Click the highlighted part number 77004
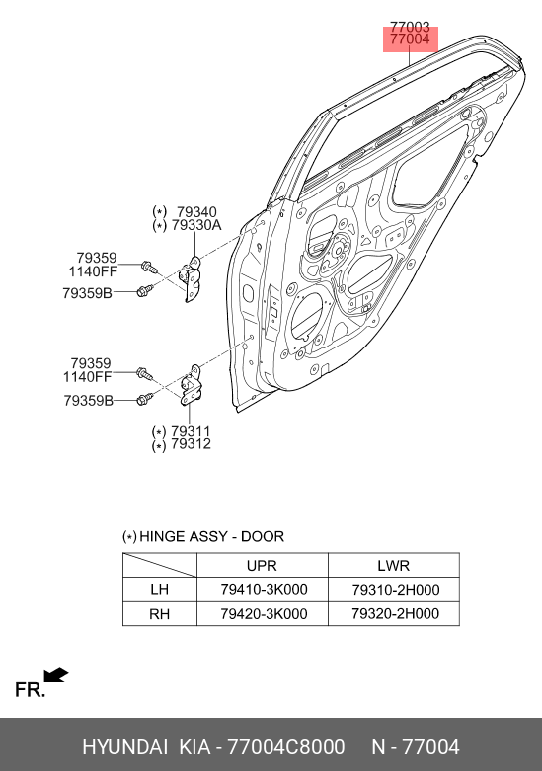[x=410, y=39]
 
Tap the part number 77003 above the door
[x=410, y=26]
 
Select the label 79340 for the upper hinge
[x=196, y=212]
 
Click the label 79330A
[x=196, y=225]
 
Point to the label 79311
[x=191, y=431]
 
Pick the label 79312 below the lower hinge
[x=191, y=444]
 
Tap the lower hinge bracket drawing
[x=191, y=386]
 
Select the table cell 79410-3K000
[x=264, y=589]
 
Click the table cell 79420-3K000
[x=264, y=614]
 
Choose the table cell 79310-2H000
[x=396, y=590]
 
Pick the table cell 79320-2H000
[x=396, y=614]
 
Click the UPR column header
[x=262, y=566]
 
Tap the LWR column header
[x=394, y=566]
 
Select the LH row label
[x=159, y=589]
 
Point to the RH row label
[x=159, y=614]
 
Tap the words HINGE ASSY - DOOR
[x=211, y=536]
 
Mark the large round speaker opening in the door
[x=307, y=316]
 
